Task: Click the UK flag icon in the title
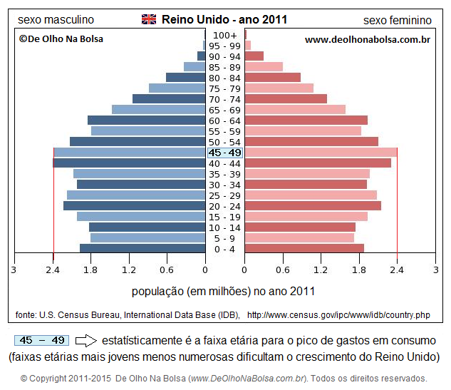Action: point(149,19)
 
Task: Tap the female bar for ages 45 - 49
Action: point(321,153)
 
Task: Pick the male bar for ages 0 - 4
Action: point(142,249)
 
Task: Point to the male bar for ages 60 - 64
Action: point(146,120)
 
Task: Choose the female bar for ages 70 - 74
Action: point(286,99)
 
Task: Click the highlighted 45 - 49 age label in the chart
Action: point(225,153)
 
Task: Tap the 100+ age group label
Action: point(225,35)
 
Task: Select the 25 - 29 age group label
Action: point(225,195)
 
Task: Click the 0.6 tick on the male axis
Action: point(167,270)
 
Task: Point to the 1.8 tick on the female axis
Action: point(359,270)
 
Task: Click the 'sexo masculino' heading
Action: point(56,20)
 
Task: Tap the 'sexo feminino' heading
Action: point(398,20)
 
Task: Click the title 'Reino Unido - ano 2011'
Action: point(224,19)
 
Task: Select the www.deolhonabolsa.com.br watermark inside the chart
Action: point(367,39)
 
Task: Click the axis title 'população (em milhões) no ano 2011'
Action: point(224,291)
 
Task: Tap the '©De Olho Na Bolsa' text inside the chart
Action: point(61,39)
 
